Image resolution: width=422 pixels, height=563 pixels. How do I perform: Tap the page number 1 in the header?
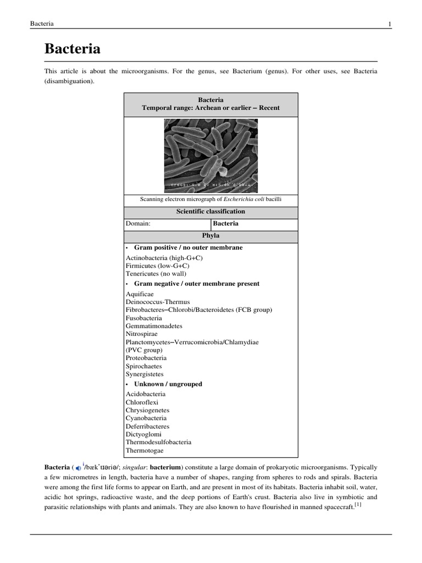click(390, 23)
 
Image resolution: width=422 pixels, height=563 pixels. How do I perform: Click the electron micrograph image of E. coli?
click(211, 156)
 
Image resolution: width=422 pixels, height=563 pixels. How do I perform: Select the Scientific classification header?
click(212, 212)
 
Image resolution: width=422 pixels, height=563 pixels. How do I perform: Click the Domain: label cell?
click(138, 224)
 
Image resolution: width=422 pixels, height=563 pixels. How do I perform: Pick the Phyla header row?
click(212, 236)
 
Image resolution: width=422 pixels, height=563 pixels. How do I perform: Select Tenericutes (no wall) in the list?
click(156, 273)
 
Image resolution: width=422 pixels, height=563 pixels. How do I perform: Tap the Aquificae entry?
click(140, 294)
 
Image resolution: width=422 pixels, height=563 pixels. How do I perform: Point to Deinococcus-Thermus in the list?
click(158, 302)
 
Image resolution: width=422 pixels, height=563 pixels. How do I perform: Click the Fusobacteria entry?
click(144, 318)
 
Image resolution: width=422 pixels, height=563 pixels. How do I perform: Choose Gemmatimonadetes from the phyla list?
click(154, 325)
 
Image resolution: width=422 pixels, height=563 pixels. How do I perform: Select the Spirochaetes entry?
click(144, 366)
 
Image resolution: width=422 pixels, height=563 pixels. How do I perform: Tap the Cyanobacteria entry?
click(146, 418)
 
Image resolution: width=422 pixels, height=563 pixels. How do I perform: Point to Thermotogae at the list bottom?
click(145, 450)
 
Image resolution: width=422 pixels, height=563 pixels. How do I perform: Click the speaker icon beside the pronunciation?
click(79, 468)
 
